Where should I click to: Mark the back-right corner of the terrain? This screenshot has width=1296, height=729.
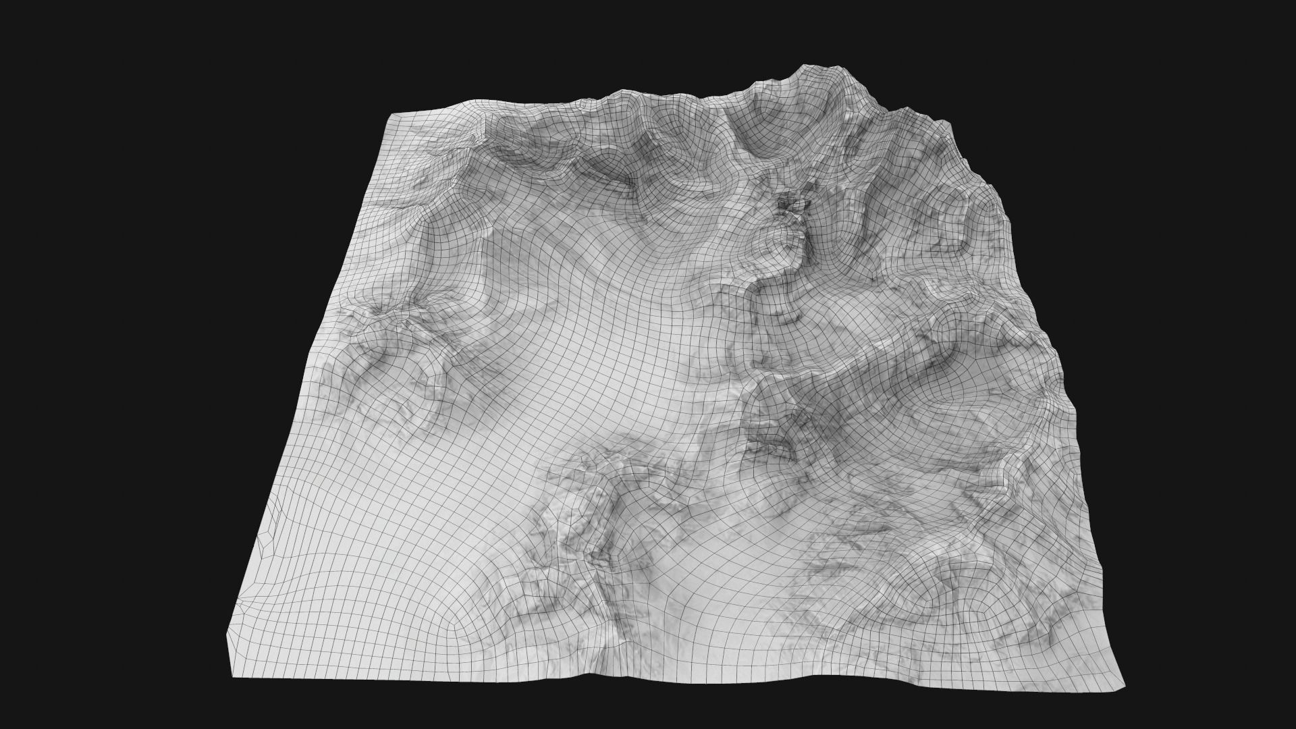pyautogui.click(x=948, y=121)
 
